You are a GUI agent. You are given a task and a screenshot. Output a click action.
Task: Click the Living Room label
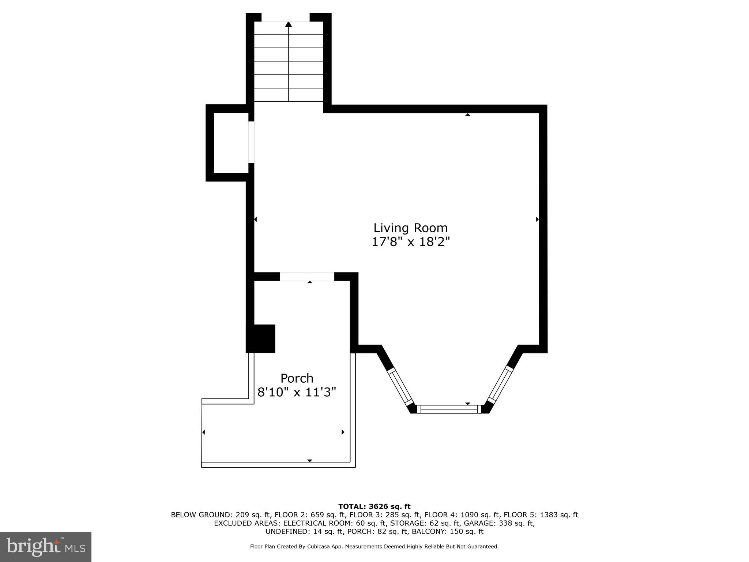pyautogui.click(x=410, y=228)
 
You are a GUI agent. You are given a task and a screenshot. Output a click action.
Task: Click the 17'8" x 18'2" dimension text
pyautogui.click(x=410, y=242)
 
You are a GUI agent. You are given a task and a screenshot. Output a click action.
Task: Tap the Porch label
pyautogui.click(x=297, y=378)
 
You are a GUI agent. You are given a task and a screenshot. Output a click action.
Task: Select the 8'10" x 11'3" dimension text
pyautogui.click(x=297, y=392)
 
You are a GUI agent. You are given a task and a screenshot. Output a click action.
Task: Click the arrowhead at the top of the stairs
pyautogui.click(x=289, y=24)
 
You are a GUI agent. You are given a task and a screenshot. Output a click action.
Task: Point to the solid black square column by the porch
pyautogui.click(x=261, y=338)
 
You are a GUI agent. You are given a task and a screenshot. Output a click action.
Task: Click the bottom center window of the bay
pyautogui.click(x=449, y=409)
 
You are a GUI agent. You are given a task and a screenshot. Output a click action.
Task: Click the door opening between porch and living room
pyautogui.click(x=307, y=277)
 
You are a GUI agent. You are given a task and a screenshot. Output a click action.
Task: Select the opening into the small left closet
pyautogui.click(x=251, y=142)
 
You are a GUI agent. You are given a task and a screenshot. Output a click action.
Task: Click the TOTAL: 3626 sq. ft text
pyautogui.click(x=374, y=506)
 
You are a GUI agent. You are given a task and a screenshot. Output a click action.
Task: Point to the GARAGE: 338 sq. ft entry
pyautogui.click(x=499, y=523)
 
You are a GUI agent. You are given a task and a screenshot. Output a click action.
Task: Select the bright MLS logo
pyautogui.click(x=46, y=547)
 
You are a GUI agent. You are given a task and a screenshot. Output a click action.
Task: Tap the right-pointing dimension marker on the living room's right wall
pyautogui.click(x=537, y=219)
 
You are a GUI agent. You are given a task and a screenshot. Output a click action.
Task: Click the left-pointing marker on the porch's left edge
pyautogui.click(x=203, y=432)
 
